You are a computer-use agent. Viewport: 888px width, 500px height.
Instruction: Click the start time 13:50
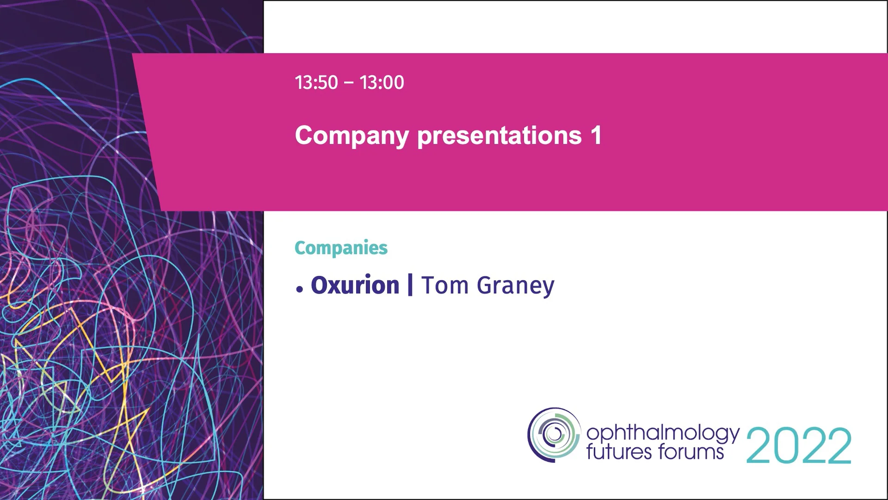point(316,83)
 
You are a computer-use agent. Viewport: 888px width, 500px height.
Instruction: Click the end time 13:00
point(382,83)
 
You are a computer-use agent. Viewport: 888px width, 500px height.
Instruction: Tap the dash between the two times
point(349,83)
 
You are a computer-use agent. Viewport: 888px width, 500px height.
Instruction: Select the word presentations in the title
point(499,136)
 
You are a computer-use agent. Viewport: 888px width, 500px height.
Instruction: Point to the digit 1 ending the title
point(596,135)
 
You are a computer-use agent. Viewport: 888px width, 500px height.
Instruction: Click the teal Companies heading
point(341,248)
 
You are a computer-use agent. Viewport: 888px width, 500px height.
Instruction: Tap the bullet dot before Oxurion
point(300,289)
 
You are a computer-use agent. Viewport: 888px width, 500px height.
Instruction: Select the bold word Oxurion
point(355,285)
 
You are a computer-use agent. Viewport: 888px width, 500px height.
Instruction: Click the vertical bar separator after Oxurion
point(410,285)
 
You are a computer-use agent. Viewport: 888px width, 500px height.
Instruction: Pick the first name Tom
point(444,285)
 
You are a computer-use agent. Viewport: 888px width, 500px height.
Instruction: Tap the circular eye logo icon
point(554,434)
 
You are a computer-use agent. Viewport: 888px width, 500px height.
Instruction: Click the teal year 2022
point(799,445)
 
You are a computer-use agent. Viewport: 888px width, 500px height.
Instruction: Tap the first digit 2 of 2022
point(759,445)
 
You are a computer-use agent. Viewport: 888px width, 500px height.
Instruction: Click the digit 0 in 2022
point(785,445)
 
